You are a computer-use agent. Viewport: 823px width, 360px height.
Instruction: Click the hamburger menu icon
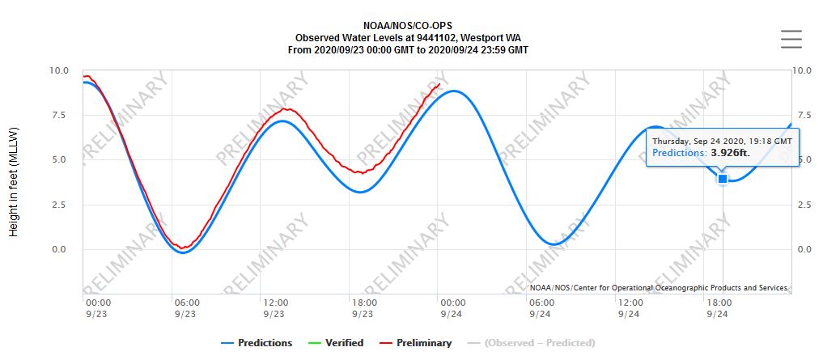coord(791,39)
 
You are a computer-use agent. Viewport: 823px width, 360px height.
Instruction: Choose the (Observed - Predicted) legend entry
coord(539,343)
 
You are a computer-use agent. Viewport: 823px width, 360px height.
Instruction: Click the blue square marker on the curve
coord(722,179)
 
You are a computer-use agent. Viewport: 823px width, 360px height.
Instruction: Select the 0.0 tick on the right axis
coord(801,249)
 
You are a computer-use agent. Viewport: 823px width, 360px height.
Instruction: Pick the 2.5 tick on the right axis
coord(801,205)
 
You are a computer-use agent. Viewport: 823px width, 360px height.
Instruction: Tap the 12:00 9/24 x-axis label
coord(630,308)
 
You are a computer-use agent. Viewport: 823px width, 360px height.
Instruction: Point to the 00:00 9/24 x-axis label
coord(452,308)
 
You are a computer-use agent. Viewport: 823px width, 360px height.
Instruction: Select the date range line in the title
coord(408,49)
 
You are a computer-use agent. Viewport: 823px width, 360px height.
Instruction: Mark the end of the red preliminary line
coord(439,83)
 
